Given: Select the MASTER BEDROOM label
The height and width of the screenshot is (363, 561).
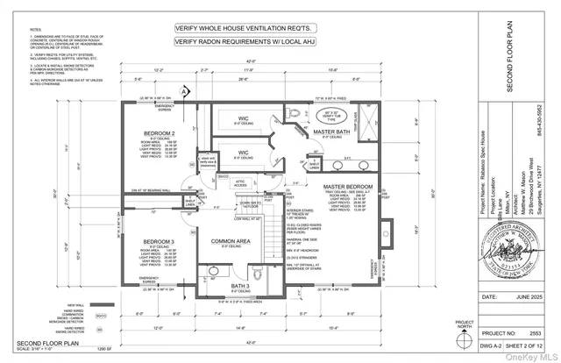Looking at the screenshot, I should click(x=345, y=186).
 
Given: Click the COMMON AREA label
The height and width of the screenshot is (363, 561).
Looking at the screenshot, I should click(x=232, y=239).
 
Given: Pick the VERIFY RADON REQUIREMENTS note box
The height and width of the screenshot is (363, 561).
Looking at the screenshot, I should click(x=237, y=41).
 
